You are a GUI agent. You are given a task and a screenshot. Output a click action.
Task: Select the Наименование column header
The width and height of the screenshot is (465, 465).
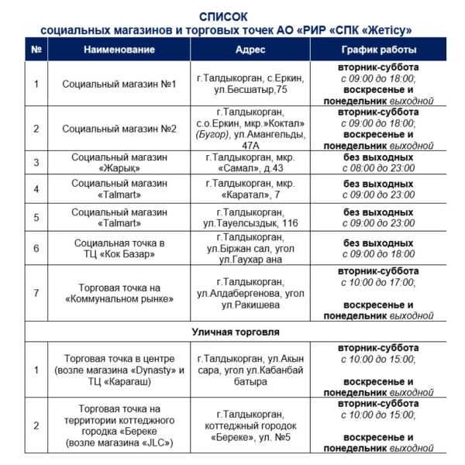[x=119, y=50]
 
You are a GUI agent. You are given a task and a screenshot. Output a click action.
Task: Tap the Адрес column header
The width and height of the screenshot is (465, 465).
[x=250, y=50]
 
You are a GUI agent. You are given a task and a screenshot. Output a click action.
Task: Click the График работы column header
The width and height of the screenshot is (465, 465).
[x=378, y=50]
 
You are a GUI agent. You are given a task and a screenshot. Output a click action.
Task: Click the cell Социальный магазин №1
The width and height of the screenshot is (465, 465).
[x=119, y=84]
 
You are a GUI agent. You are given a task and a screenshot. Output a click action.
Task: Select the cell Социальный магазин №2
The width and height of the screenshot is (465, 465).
[x=119, y=128]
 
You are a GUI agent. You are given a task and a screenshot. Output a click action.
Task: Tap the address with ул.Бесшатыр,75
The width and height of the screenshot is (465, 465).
[x=250, y=84]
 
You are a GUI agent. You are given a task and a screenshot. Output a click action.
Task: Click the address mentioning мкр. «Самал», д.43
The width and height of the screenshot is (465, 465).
[x=250, y=162]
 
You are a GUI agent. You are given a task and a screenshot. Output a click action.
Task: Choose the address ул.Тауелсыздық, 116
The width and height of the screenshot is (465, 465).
[x=250, y=218]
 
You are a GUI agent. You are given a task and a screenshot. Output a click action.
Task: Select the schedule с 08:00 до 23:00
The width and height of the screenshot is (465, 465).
[x=378, y=167]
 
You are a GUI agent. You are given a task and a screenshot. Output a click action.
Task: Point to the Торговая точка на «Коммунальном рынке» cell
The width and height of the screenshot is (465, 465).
[x=119, y=293]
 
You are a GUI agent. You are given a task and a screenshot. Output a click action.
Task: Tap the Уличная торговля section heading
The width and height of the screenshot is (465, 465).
[x=232, y=332]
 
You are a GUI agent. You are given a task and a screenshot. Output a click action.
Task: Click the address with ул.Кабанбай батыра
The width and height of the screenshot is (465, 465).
[x=250, y=370]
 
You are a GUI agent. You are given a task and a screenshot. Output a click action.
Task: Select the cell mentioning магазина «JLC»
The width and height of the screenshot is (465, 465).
[x=119, y=425]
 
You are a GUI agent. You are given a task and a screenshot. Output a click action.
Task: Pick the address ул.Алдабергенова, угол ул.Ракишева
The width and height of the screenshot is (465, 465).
[x=250, y=293]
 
